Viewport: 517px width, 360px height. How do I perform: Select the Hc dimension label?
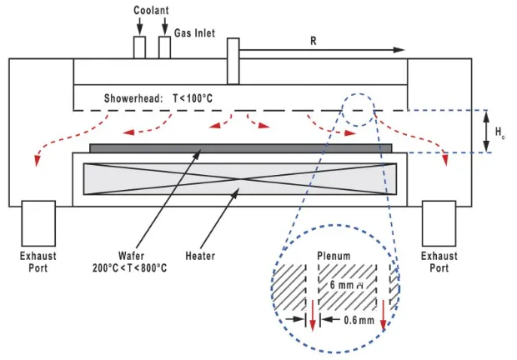coord(499,132)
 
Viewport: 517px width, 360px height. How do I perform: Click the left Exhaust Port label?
coord(38,262)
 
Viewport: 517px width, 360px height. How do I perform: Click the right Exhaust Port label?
coord(439,262)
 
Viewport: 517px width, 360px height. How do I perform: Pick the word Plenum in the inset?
coord(337,256)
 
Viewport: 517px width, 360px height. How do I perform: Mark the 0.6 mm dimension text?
coord(361,320)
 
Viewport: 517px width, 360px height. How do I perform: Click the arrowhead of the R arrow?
coord(401,51)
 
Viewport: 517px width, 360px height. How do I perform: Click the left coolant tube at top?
coord(139,47)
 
